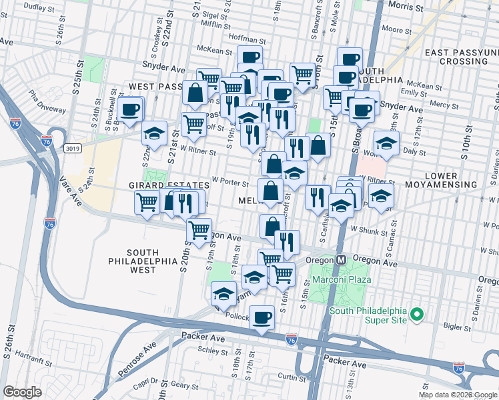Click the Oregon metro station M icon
click(341, 259)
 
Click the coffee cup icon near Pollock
click(263, 317)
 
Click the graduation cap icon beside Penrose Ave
click(224, 293)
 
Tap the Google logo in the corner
click(23, 392)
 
